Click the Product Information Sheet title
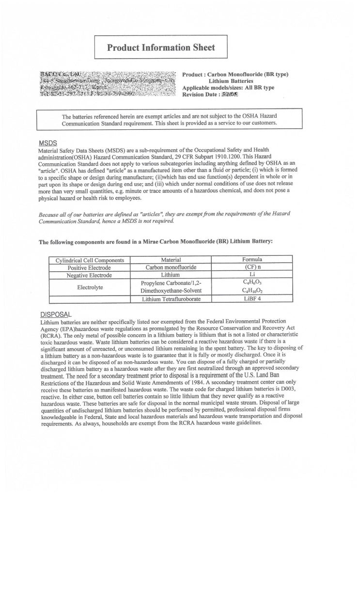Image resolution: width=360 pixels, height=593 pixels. point(161,47)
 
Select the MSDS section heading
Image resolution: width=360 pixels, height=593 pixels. point(48,143)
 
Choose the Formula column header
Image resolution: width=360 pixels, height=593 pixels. point(252,260)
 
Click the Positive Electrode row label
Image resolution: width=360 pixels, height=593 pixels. point(89,267)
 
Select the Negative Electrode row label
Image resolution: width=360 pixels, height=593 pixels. point(89,275)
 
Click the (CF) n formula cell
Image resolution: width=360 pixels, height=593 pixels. point(252,267)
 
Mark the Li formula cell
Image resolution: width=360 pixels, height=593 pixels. point(252,275)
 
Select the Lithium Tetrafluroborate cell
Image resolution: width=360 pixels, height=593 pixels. point(171,299)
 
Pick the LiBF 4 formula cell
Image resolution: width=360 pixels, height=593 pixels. point(252,299)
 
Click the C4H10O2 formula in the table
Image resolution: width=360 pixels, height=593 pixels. point(252,291)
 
